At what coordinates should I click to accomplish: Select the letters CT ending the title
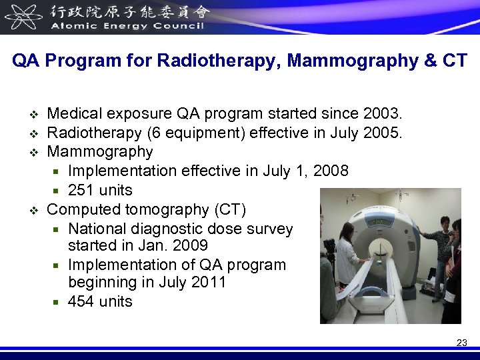pos(455,61)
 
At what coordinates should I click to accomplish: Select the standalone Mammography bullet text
pos(100,152)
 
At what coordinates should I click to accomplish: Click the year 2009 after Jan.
pos(191,246)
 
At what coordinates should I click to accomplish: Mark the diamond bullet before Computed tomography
pos(35,210)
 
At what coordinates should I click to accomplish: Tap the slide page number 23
pos(461,343)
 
